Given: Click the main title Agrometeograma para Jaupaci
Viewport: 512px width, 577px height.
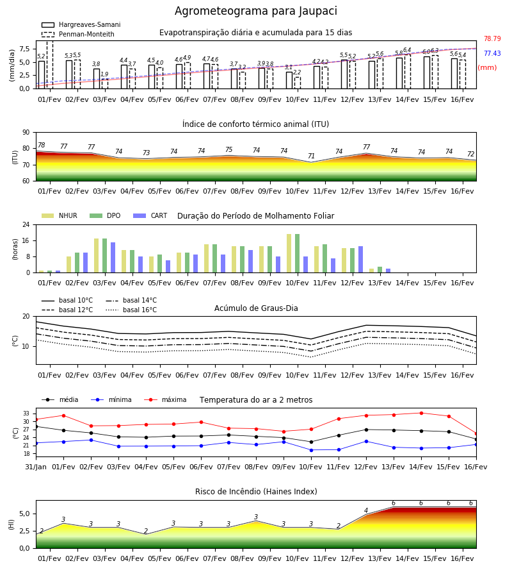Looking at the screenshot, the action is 255,11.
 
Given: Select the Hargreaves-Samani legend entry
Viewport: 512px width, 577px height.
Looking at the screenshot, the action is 81,24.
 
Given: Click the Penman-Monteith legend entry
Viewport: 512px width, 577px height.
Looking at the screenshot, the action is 78,34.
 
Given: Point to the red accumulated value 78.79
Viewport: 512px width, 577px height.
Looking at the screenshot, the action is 492,38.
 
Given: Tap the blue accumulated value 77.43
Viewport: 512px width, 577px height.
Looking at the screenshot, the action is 492,53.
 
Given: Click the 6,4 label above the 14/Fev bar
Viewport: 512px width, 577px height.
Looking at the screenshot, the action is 407,49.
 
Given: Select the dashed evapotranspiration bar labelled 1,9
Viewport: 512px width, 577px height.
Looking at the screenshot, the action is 105,83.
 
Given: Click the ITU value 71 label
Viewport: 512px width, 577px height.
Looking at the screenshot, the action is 312,156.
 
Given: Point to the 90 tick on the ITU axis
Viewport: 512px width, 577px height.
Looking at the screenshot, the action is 26,133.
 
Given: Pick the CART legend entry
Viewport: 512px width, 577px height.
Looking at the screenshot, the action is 150,215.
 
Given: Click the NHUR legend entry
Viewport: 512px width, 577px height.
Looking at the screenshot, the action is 60,215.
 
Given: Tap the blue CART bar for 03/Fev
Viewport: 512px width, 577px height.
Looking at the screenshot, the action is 113,258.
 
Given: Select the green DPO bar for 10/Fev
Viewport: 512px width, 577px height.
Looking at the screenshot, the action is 297,253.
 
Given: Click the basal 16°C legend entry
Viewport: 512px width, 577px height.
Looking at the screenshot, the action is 131,310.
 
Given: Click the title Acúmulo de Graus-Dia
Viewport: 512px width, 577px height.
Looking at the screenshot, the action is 256,308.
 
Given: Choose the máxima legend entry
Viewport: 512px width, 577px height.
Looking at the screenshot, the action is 165,399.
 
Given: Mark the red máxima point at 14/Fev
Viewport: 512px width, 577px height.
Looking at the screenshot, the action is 421,414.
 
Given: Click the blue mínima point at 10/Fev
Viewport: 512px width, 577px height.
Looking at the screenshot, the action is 312,450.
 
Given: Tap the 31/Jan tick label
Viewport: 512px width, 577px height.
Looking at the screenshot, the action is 36,467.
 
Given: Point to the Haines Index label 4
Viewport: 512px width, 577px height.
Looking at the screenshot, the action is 366,510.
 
